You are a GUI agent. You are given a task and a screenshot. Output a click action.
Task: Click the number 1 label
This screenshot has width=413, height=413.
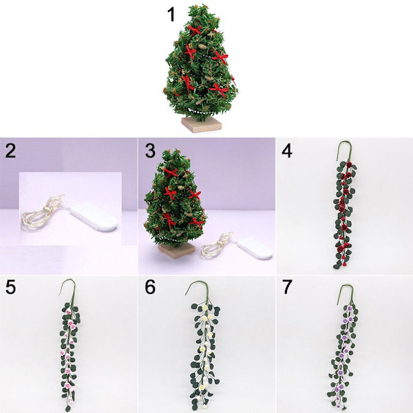171,14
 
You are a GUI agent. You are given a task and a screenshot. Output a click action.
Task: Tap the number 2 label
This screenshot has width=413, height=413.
10,151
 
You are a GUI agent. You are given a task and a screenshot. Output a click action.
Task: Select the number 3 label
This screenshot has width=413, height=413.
150,151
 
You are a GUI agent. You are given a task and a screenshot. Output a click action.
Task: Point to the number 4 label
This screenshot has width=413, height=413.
287,151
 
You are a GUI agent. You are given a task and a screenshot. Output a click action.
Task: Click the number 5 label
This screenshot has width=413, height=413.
10,287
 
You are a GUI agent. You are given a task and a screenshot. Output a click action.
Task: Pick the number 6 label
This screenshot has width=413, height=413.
150,287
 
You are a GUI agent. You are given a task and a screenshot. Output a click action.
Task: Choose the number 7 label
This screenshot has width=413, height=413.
287,287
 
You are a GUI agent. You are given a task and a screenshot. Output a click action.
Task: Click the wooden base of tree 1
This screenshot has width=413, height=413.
202,124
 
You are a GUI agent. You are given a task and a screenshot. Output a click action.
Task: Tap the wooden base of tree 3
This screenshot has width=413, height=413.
177,251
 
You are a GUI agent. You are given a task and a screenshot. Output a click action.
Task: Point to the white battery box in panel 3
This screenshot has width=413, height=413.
255,248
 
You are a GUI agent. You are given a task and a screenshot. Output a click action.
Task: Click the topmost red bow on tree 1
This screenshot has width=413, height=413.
195,31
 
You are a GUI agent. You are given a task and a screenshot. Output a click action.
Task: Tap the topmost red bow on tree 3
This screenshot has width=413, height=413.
171,173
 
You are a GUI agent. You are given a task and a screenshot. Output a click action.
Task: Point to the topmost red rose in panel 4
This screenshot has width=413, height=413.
349,165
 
